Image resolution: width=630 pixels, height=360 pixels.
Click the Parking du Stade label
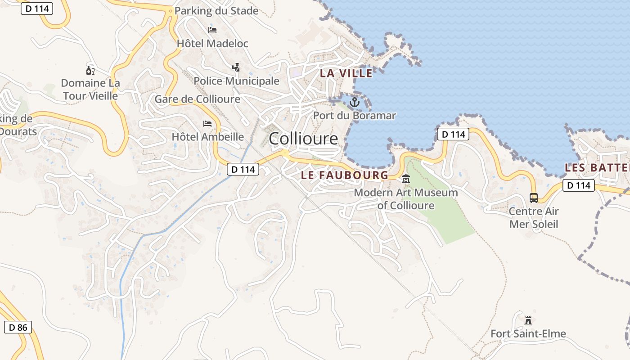click(x=216, y=11)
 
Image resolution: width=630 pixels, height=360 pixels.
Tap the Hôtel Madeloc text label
click(x=212, y=44)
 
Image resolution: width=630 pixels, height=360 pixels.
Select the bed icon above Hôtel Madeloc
click(x=212, y=30)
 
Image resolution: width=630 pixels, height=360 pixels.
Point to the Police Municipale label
click(x=236, y=81)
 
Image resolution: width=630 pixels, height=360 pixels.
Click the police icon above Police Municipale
click(x=236, y=67)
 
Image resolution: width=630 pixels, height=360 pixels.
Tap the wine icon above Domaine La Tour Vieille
click(x=90, y=70)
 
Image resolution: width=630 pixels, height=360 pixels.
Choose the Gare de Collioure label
click(x=197, y=99)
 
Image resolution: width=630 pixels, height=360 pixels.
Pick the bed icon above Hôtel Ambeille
click(x=207, y=123)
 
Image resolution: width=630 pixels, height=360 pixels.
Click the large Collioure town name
click(x=303, y=139)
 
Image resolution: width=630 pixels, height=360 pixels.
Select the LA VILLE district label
click(x=346, y=73)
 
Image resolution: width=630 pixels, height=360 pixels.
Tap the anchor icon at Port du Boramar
click(x=355, y=102)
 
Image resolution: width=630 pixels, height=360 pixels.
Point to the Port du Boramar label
click(x=355, y=116)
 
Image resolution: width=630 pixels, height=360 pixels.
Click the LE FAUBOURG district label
click(x=344, y=175)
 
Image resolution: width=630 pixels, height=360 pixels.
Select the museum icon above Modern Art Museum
click(x=406, y=179)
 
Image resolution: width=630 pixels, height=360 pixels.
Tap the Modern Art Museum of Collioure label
click(x=406, y=199)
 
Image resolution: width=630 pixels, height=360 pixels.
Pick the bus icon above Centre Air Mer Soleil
click(x=534, y=198)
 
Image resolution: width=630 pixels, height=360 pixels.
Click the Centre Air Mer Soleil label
click(x=534, y=218)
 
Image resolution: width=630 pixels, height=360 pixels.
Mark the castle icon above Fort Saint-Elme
click(x=528, y=320)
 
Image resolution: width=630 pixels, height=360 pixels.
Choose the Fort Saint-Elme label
click(x=528, y=334)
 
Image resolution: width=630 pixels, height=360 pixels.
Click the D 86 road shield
click(x=18, y=327)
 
